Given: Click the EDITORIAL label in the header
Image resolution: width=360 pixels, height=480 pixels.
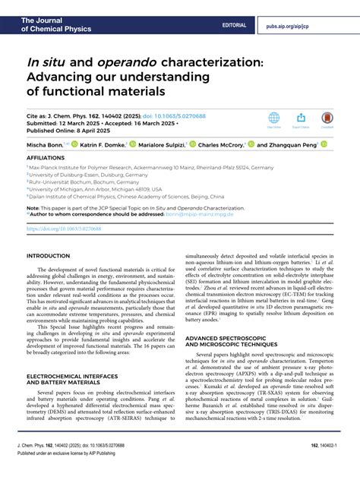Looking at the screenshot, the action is (x=234, y=25).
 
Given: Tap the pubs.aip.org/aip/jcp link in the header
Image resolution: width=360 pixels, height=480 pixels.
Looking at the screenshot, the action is (x=310, y=25).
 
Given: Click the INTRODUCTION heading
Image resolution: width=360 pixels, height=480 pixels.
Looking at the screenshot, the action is (x=49, y=256).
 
